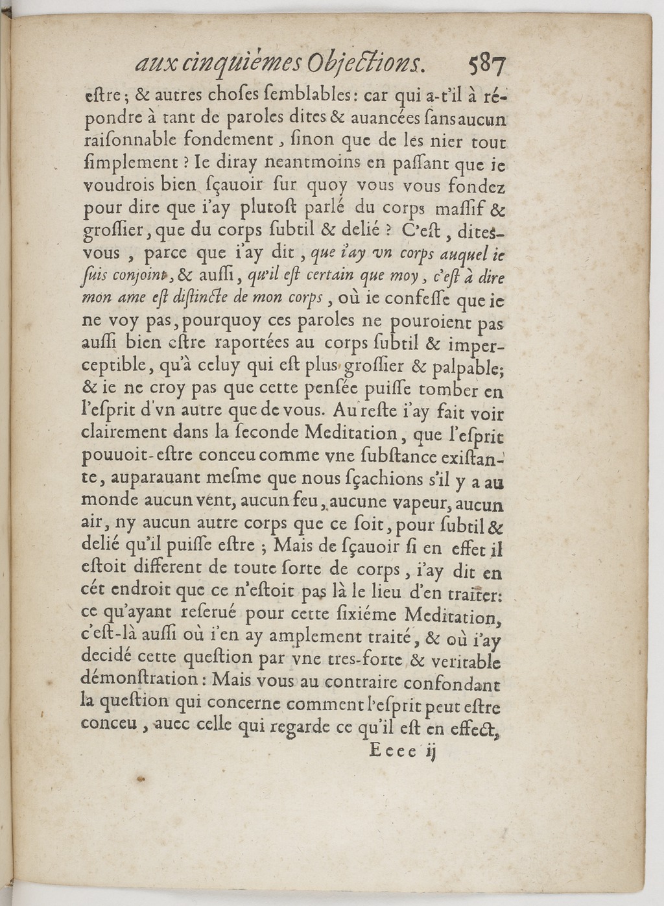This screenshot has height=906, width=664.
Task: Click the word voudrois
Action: [120, 185]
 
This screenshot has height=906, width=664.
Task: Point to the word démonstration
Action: [141, 680]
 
